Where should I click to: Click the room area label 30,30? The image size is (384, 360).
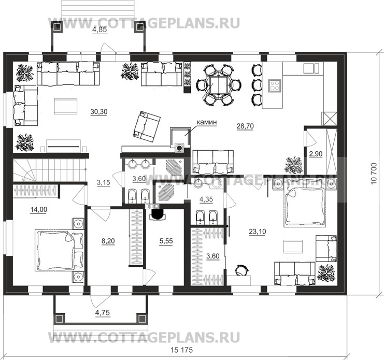click(x=99, y=112)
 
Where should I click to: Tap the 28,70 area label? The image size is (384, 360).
click(x=245, y=126)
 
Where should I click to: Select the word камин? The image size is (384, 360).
click(x=207, y=122)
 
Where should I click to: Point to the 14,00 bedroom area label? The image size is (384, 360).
click(x=39, y=210)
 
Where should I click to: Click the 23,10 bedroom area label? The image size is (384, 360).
click(x=258, y=232)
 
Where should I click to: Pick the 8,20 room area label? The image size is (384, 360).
click(x=108, y=241)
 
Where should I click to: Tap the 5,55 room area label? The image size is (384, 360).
click(x=166, y=241)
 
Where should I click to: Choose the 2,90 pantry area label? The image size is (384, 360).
click(x=316, y=154)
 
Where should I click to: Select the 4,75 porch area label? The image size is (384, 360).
click(x=103, y=313)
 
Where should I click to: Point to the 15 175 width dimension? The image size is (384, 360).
click(x=182, y=350)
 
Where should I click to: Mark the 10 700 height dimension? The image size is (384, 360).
click(x=374, y=174)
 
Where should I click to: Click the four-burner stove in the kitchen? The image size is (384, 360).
click(x=274, y=85)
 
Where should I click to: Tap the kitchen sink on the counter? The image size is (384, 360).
click(x=311, y=68)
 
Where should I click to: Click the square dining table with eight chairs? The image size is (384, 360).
click(x=218, y=85)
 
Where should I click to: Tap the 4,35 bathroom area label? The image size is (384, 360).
click(x=206, y=200)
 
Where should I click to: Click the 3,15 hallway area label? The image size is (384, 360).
click(x=103, y=182)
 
